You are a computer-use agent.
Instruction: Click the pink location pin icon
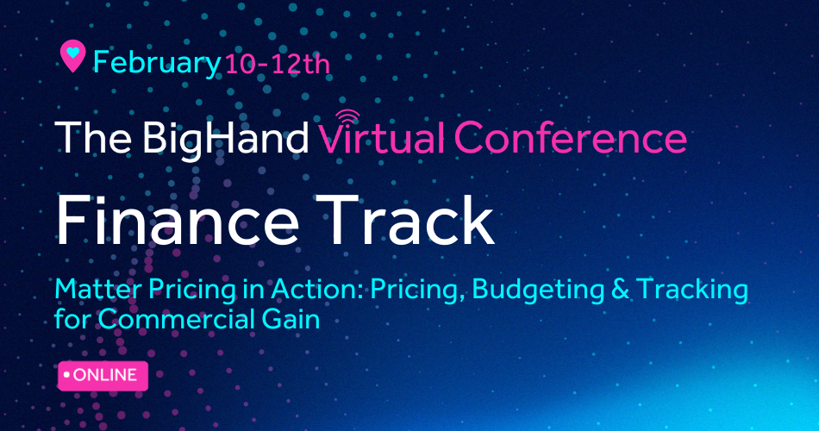click(x=72, y=56)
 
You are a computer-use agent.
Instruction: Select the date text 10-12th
click(x=278, y=65)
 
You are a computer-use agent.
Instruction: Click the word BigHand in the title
click(x=225, y=138)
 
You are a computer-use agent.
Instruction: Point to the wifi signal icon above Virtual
click(x=347, y=117)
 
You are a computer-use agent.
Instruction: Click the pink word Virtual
click(x=382, y=137)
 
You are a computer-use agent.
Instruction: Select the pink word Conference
click(x=571, y=137)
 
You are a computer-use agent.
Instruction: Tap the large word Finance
click(x=177, y=220)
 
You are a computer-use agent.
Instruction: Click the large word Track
click(x=404, y=220)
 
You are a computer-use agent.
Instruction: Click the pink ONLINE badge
click(x=103, y=376)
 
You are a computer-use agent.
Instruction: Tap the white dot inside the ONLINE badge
click(x=66, y=375)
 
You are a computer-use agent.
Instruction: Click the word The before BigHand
click(x=93, y=138)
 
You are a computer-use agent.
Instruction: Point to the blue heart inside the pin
click(x=72, y=52)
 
